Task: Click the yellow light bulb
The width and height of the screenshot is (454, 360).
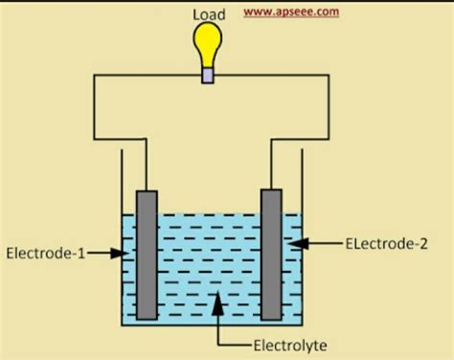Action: pyautogui.click(x=208, y=44)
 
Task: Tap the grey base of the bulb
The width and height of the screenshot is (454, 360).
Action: pyautogui.click(x=208, y=75)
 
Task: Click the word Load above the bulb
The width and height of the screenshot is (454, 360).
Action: pyautogui.click(x=209, y=13)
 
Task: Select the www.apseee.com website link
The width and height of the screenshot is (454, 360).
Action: pyautogui.click(x=290, y=11)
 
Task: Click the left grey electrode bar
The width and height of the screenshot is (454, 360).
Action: pyautogui.click(x=147, y=254)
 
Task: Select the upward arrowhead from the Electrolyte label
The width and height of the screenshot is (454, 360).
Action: pyautogui.click(x=219, y=301)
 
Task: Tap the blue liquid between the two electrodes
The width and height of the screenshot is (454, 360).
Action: pyautogui.click(x=209, y=259)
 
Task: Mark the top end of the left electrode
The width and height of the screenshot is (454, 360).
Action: pyautogui.click(x=147, y=193)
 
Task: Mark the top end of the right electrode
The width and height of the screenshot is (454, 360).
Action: pyautogui.click(x=271, y=191)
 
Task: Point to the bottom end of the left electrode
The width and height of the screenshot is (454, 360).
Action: pyautogui.click(x=147, y=316)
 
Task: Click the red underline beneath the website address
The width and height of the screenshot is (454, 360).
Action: pyautogui.click(x=290, y=19)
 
